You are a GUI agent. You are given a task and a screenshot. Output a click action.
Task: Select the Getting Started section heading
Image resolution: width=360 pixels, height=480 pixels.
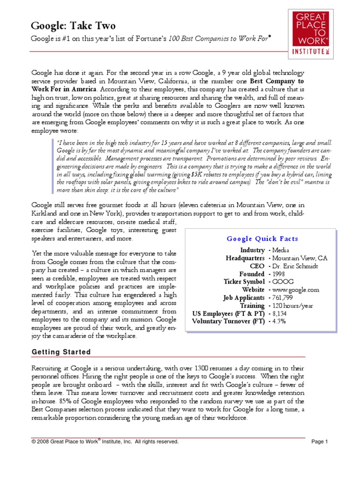click(61, 352)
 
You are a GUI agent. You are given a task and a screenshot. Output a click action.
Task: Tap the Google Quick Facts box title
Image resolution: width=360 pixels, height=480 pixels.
click(262, 239)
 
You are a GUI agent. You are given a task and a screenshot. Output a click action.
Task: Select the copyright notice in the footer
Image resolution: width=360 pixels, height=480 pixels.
click(105, 441)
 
